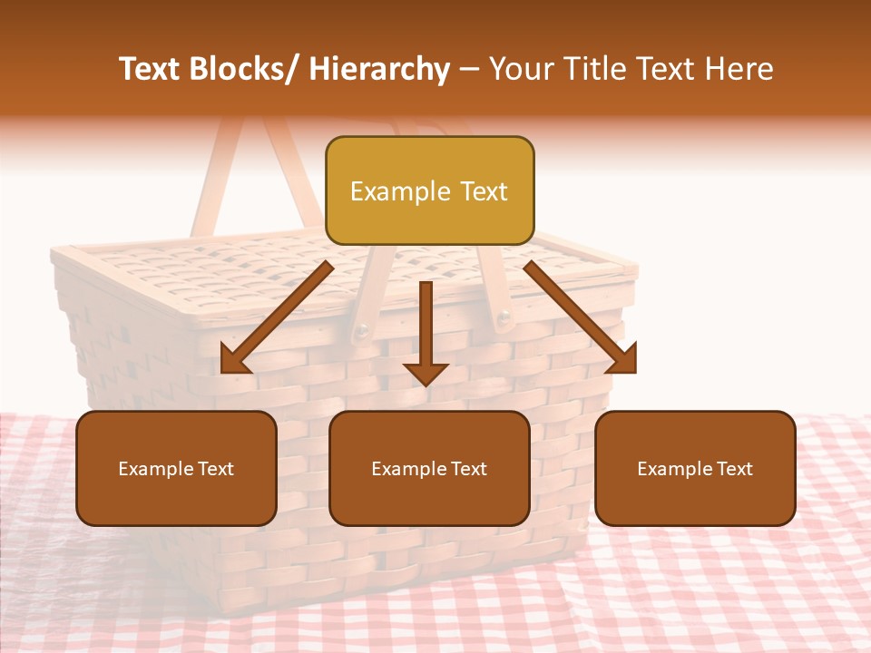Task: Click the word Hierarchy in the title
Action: pos(379,69)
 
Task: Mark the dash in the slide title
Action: pos(469,69)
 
